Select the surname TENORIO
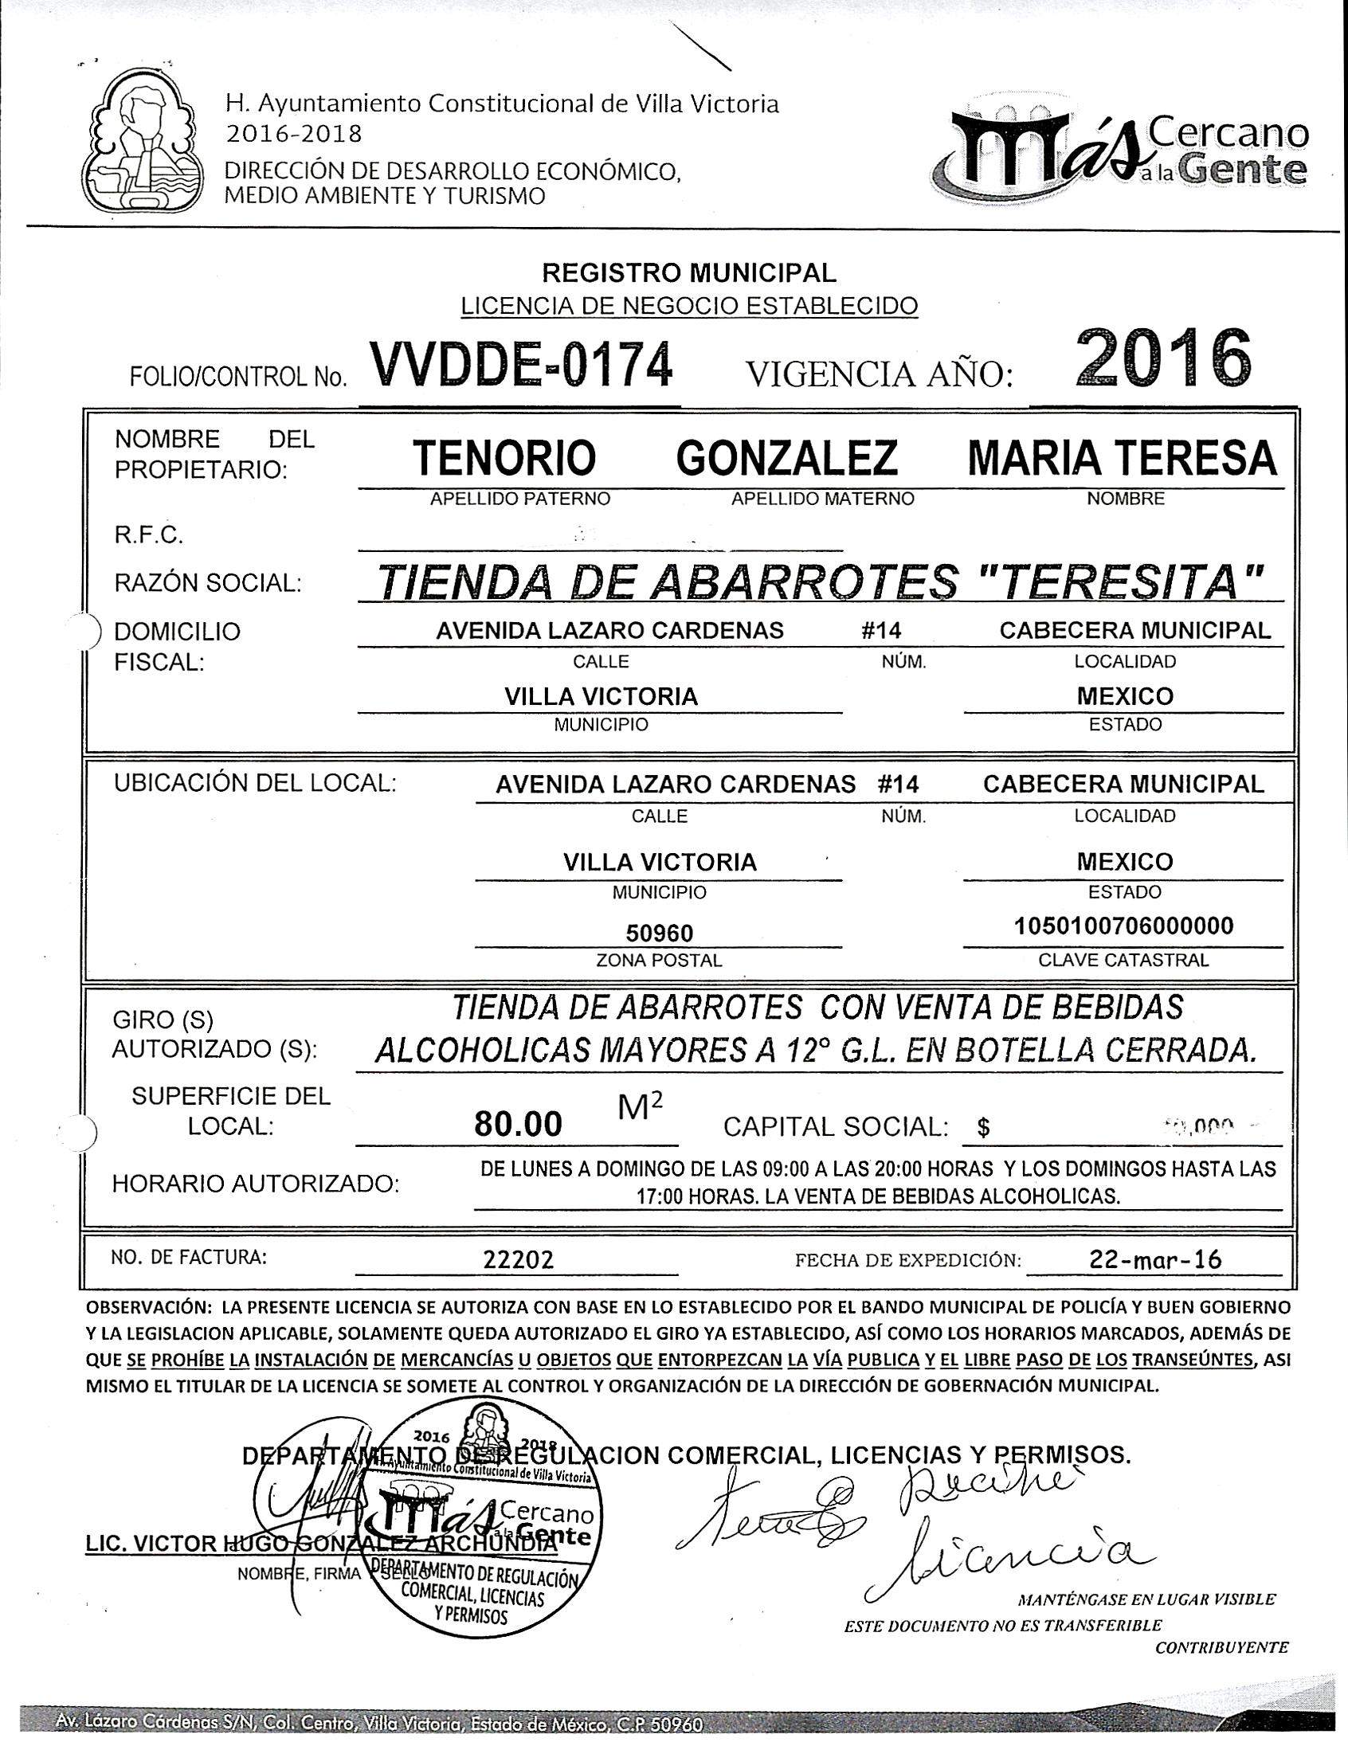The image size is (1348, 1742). tap(505, 458)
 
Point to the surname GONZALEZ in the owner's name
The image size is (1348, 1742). tap(786, 458)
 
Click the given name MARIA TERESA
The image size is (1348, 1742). tap(1123, 458)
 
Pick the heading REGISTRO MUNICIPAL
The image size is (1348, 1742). tap(689, 273)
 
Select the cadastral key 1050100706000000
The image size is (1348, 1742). tap(1123, 926)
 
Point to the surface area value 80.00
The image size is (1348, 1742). tap(519, 1124)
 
